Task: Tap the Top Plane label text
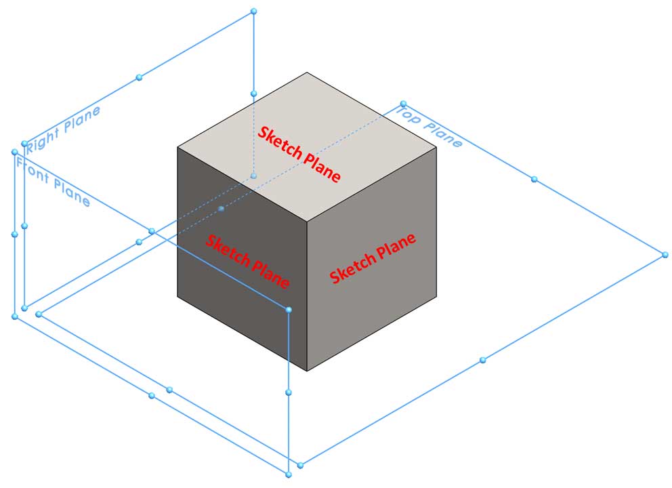[429, 127]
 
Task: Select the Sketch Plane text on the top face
[299, 155]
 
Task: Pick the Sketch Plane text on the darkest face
[247, 261]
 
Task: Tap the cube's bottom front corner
[308, 371]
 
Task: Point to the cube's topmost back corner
[307, 73]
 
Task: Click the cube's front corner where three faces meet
[308, 222]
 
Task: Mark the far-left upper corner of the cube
[177, 147]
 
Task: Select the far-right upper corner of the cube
[436, 147]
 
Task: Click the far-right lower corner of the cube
[436, 296]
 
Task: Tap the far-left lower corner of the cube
[177, 296]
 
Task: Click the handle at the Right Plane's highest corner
[254, 11]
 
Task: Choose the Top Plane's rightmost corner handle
[665, 255]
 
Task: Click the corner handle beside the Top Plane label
[403, 104]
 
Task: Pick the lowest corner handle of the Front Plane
[289, 474]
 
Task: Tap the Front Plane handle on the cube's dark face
[289, 310]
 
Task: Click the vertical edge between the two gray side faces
[308, 296]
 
